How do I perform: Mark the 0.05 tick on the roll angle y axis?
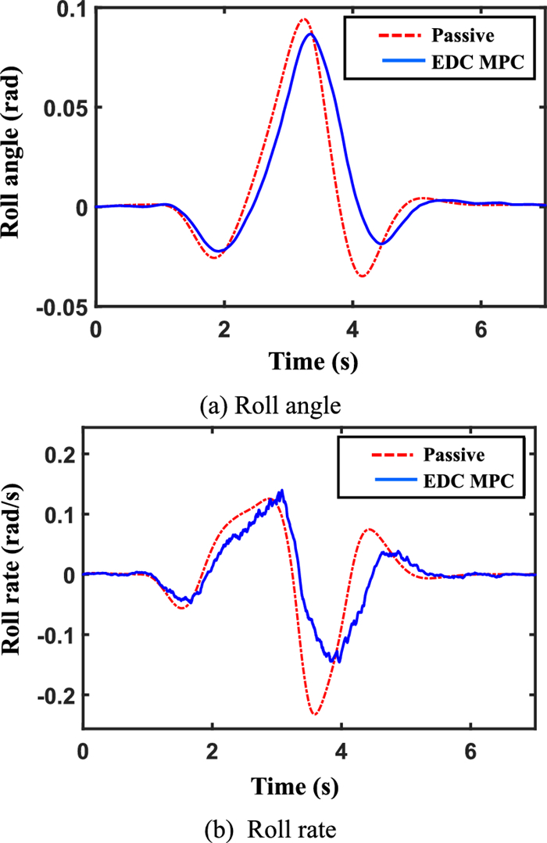(x=69, y=108)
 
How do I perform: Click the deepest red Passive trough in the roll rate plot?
(x=314, y=713)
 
